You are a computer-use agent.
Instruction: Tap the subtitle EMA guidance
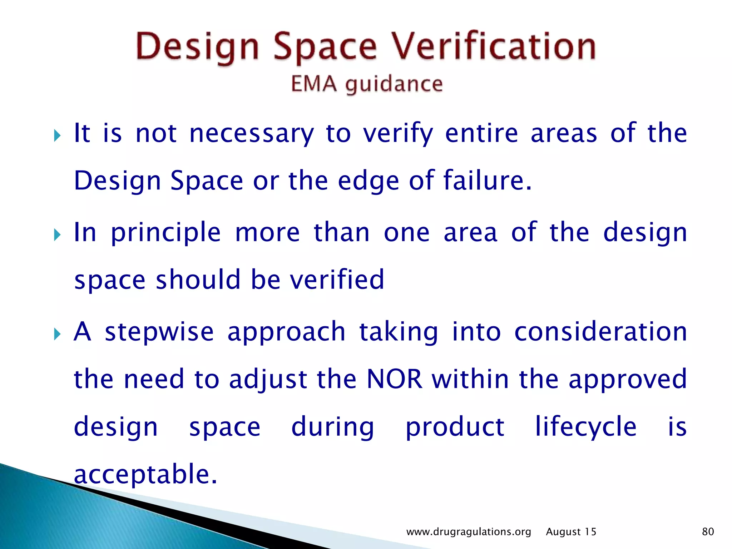click(x=367, y=84)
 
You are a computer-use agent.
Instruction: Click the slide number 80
click(x=708, y=531)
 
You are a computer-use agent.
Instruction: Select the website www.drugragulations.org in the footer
click(x=469, y=532)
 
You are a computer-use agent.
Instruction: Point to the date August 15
click(x=571, y=532)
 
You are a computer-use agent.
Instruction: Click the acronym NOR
click(x=394, y=379)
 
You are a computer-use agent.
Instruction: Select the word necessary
click(x=251, y=134)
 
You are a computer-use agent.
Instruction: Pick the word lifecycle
click(x=586, y=427)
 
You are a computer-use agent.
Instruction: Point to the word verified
click(x=337, y=280)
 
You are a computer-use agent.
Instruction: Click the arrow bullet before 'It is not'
click(x=57, y=136)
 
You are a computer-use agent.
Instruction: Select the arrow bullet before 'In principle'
click(x=57, y=235)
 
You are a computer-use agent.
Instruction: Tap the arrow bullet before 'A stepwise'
click(x=57, y=335)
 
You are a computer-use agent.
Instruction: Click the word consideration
click(x=600, y=332)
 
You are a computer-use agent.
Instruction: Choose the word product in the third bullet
click(x=455, y=427)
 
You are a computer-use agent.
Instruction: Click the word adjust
click(x=268, y=380)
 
